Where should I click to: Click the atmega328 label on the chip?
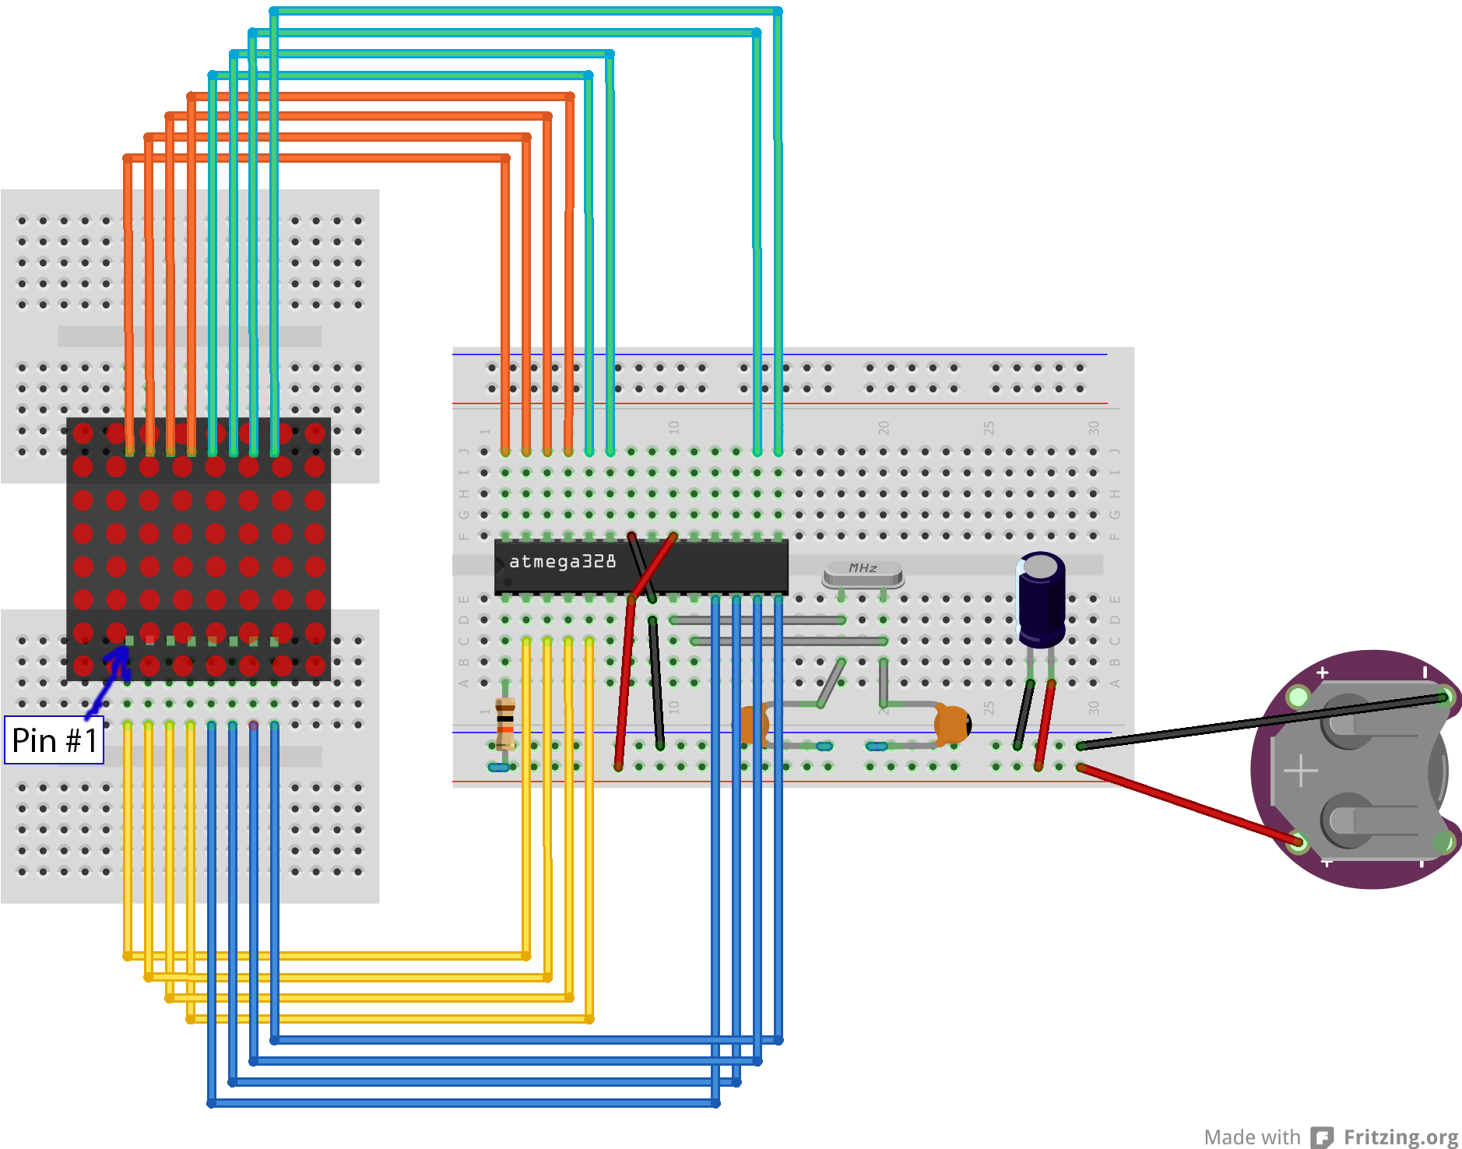click(562, 561)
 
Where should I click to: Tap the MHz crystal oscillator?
click(863, 573)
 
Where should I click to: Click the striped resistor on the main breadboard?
click(505, 724)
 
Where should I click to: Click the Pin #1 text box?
click(54, 740)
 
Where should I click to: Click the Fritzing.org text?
click(1400, 1137)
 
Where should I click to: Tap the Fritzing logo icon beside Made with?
click(1321, 1137)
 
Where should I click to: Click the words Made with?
click(1252, 1137)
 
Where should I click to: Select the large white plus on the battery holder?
click(1300, 771)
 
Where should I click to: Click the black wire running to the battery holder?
click(1261, 722)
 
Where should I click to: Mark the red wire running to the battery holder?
click(1191, 806)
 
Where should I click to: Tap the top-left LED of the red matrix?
click(83, 434)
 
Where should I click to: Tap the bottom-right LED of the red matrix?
click(315, 666)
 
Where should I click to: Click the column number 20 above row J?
click(884, 427)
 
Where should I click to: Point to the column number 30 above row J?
click(1094, 427)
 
